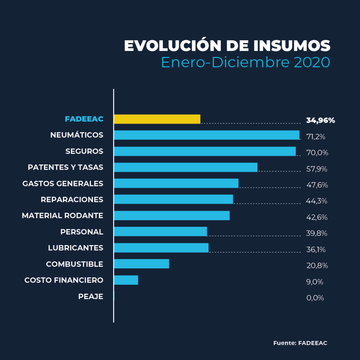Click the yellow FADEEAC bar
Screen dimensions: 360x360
pyautogui.click(x=157, y=119)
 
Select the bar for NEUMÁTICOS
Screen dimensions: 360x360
pyautogui.click(x=207, y=135)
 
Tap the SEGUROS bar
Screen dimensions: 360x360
pyautogui.click(x=205, y=152)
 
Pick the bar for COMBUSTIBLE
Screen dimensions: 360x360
pyautogui.click(x=142, y=264)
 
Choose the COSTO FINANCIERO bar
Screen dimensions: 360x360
pyautogui.click(x=126, y=280)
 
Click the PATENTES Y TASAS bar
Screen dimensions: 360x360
pyautogui.click(x=186, y=168)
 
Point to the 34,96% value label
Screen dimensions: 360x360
pyautogui.click(x=320, y=120)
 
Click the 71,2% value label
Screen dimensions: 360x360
pyautogui.click(x=316, y=137)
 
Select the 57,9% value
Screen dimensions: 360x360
pyautogui.click(x=317, y=169)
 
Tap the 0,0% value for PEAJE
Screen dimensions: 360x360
pyautogui.click(x=315, y=298)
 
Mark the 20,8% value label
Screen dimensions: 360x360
pyautogui.click(x=317, y=266)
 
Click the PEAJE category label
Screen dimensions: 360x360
pyautogui.click(x=91, y=297)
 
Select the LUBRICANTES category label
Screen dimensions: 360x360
pyautogui.click(x=76, y=248)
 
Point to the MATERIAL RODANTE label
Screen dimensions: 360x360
pyautogui.click(x=63, y=216)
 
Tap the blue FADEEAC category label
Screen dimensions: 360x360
pyautogui.click(x=84, y=119)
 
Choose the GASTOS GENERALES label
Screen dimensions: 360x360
pyautogui.click(x=63, y=184)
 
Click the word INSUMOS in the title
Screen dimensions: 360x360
pyautogui.click(x=291, y=46)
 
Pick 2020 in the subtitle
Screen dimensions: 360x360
pyautogui.click(x=312, y=63)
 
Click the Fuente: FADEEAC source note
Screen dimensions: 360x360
pyautogui.click(x=300, y=343)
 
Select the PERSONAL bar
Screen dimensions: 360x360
pyautogui.click(x=160, y=232)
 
